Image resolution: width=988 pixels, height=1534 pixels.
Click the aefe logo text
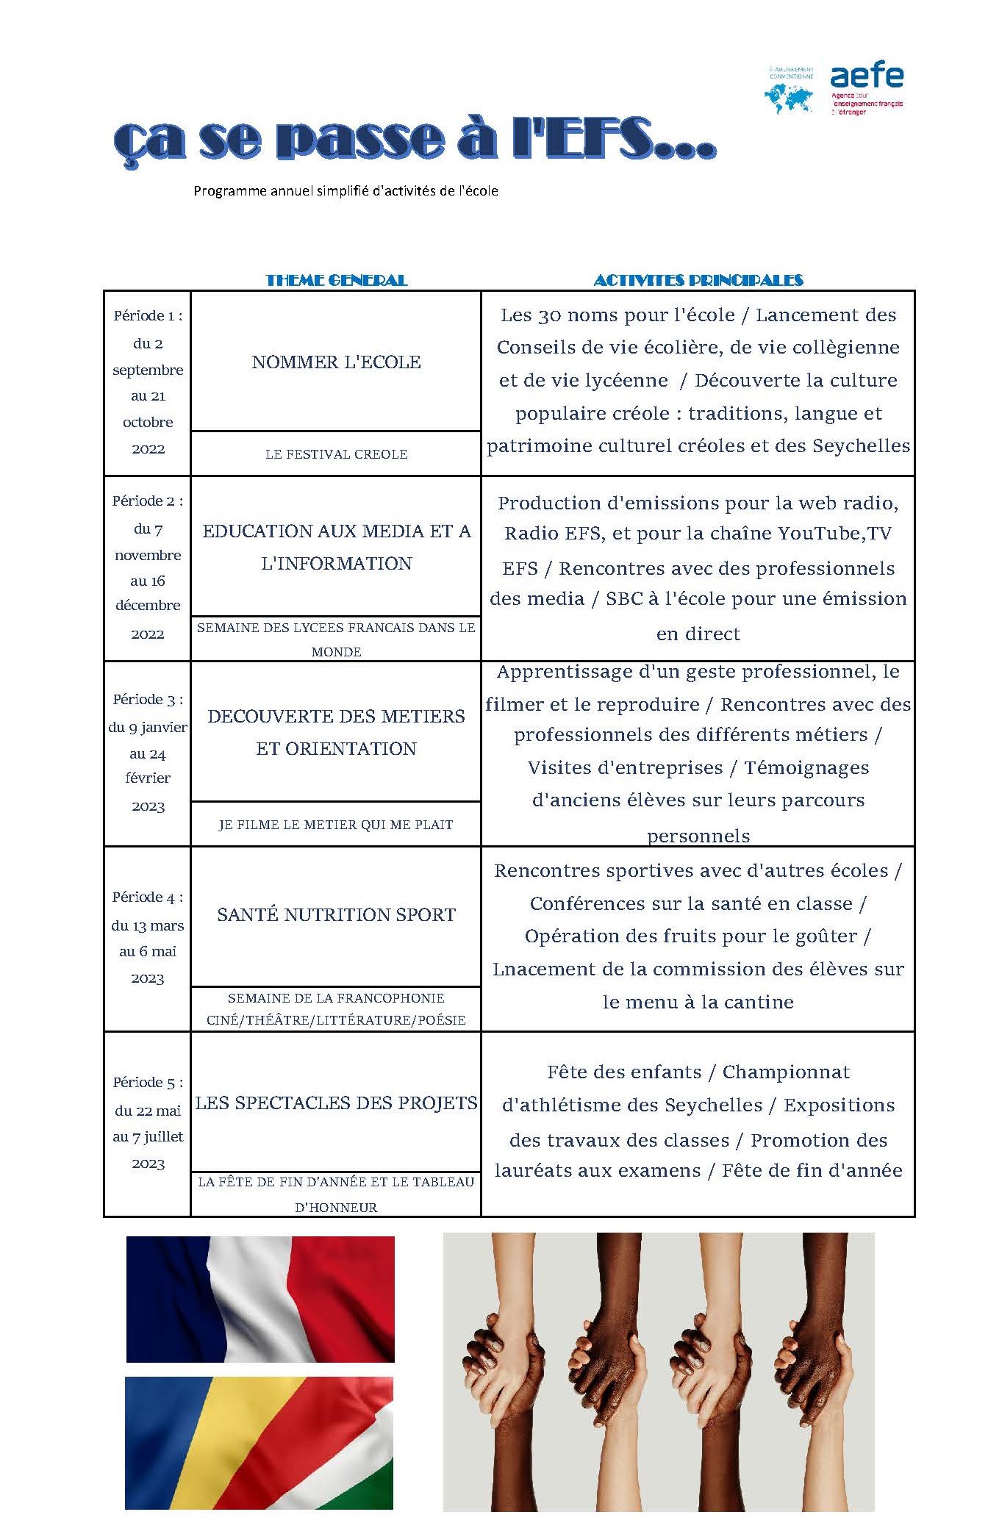coord(867,76)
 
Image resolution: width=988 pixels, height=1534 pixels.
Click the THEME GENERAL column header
coord(336,280)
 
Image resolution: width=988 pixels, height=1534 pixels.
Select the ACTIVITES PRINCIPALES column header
coord(698,280)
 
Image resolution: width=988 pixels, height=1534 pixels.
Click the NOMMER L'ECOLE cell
coord(336,362)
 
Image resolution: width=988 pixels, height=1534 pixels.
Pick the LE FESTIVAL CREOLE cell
coord(336,454)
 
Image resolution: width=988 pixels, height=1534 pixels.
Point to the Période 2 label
coord(148,501)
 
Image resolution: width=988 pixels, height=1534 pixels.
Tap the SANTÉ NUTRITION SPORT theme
coord(336,914)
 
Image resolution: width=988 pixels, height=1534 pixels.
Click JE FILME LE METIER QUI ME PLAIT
coord(336,825)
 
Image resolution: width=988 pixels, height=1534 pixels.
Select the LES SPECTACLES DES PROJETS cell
coord(336,1103)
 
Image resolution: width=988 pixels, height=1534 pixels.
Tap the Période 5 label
coord(148,1083)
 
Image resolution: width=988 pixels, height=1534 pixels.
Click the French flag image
coord(260,1299)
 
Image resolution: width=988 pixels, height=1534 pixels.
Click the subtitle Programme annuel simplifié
coord(346,191)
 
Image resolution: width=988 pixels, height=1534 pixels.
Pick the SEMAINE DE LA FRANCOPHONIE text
coord(336,998)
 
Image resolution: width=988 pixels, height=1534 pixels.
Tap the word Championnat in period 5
coord(786,1072)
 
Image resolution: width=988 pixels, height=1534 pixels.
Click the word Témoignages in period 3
coord(806,768)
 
